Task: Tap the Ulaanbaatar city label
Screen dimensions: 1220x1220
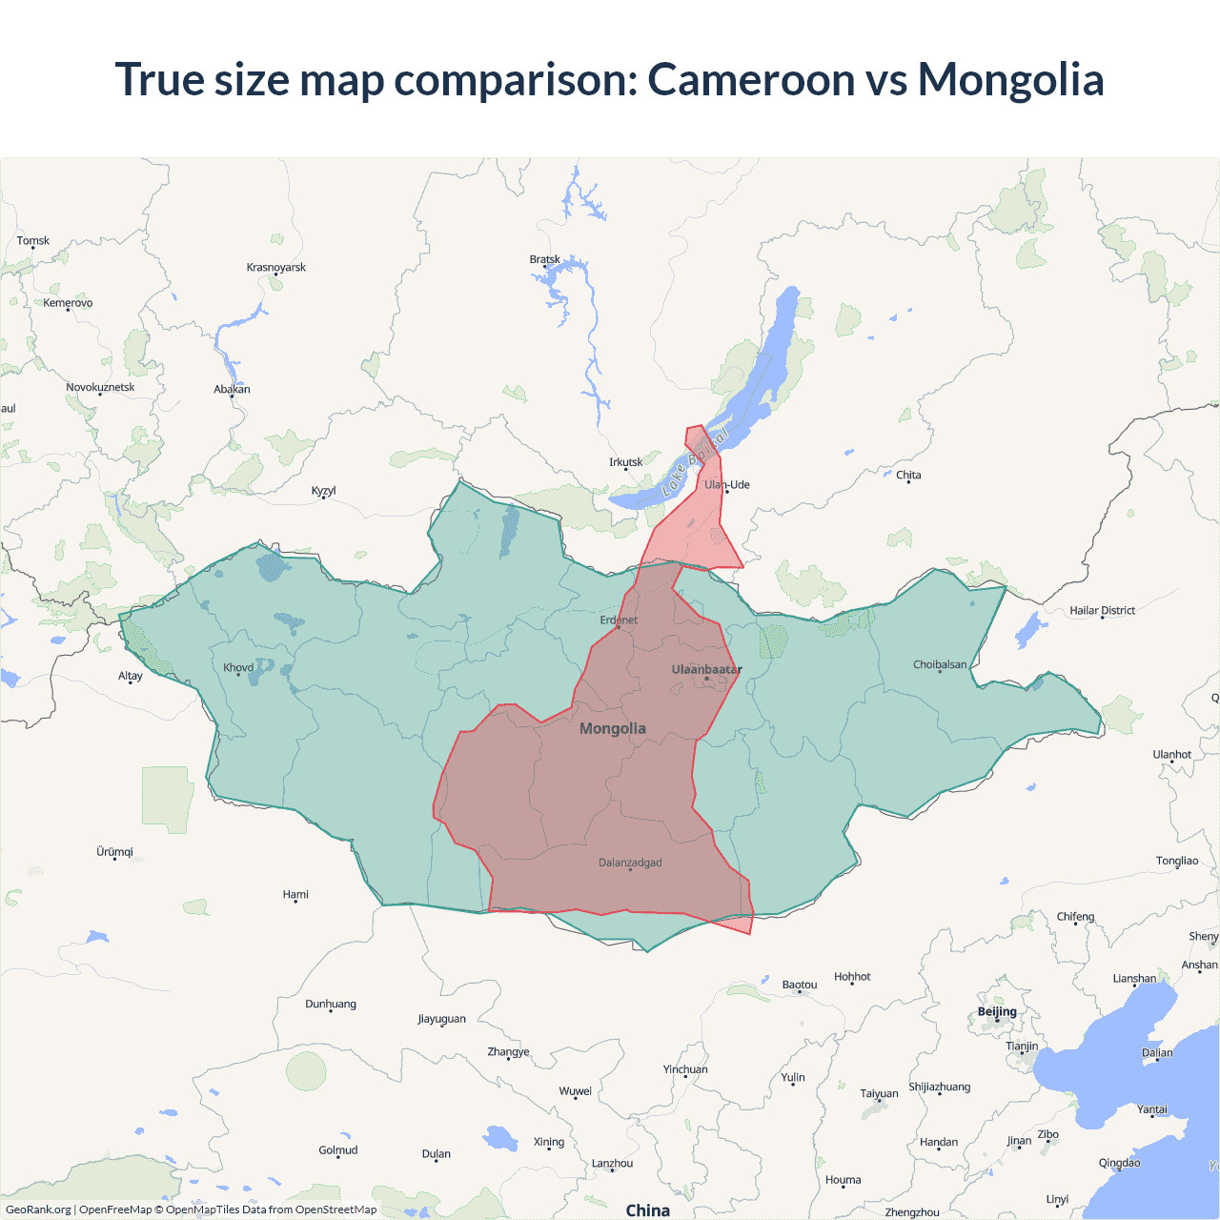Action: click(x=706, y=669)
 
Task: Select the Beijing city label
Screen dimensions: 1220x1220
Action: click(x=997, y=1011)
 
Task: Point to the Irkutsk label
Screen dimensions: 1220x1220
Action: click(x=625, y=462)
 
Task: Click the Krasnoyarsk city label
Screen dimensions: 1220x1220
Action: click(x=275, y=267)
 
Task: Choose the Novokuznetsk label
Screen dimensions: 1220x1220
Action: click(x=100, y=387)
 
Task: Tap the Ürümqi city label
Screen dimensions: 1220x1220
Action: click(x=114, y=851)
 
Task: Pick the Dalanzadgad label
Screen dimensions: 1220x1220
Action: click(x=630, y=863)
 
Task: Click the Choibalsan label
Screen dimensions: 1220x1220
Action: click(x=940, y=664)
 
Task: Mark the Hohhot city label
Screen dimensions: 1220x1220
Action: click(x=852, y=976)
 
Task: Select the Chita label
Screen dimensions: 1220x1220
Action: click(x=908, y=475)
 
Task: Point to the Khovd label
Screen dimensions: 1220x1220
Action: click(x=238, y=667)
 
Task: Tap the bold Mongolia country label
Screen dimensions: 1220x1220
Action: click(x=613, y=728)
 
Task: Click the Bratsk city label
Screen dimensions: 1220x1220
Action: click(x=544, y=259)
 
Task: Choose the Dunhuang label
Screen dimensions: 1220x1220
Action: click(x=331, y=1004)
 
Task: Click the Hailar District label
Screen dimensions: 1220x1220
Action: click(x=1102, y=610)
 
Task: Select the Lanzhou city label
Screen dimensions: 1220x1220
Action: click(x=612, y=1163)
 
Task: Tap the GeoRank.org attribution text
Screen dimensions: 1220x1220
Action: click(x=38, y=1210)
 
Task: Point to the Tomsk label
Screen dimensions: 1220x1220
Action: click(x=33, y=240)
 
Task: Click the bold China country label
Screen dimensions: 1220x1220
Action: click(x=647, y=1210)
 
